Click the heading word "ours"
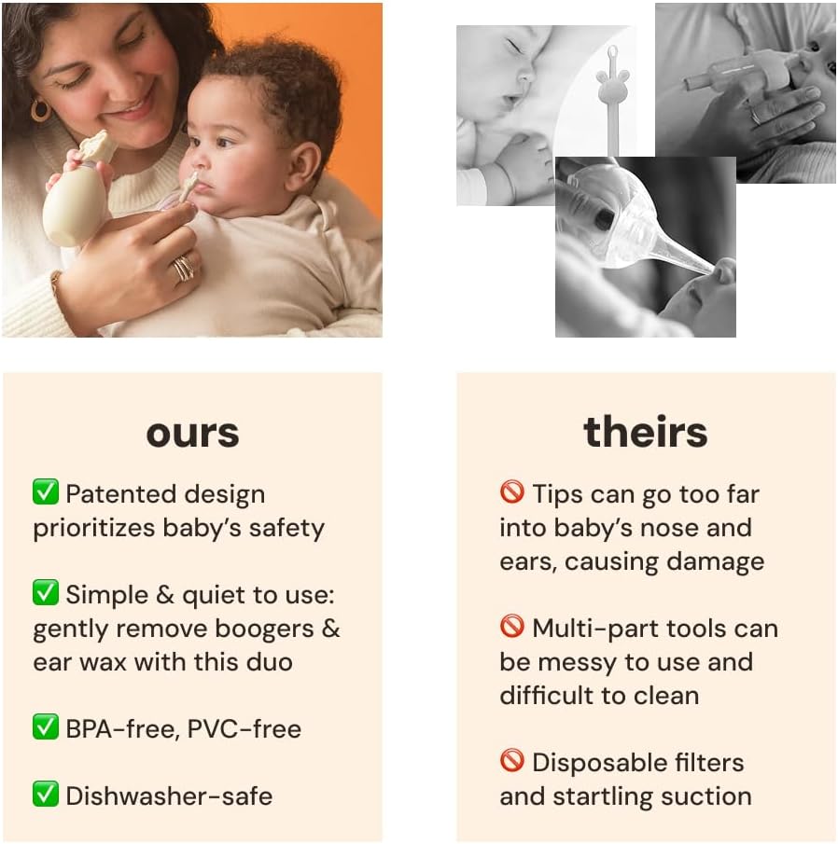point(192,433)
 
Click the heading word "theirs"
point(646,432)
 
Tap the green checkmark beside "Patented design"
point(46,492)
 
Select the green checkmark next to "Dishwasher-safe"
point(46,795)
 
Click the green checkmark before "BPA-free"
point(46,727)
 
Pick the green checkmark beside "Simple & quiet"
point(46,593)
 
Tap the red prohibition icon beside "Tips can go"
point(512,492)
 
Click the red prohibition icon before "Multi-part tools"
point(512,627)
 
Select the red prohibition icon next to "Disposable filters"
point(512,761)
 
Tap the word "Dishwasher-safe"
point(169,796)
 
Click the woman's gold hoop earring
point(40,109)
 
